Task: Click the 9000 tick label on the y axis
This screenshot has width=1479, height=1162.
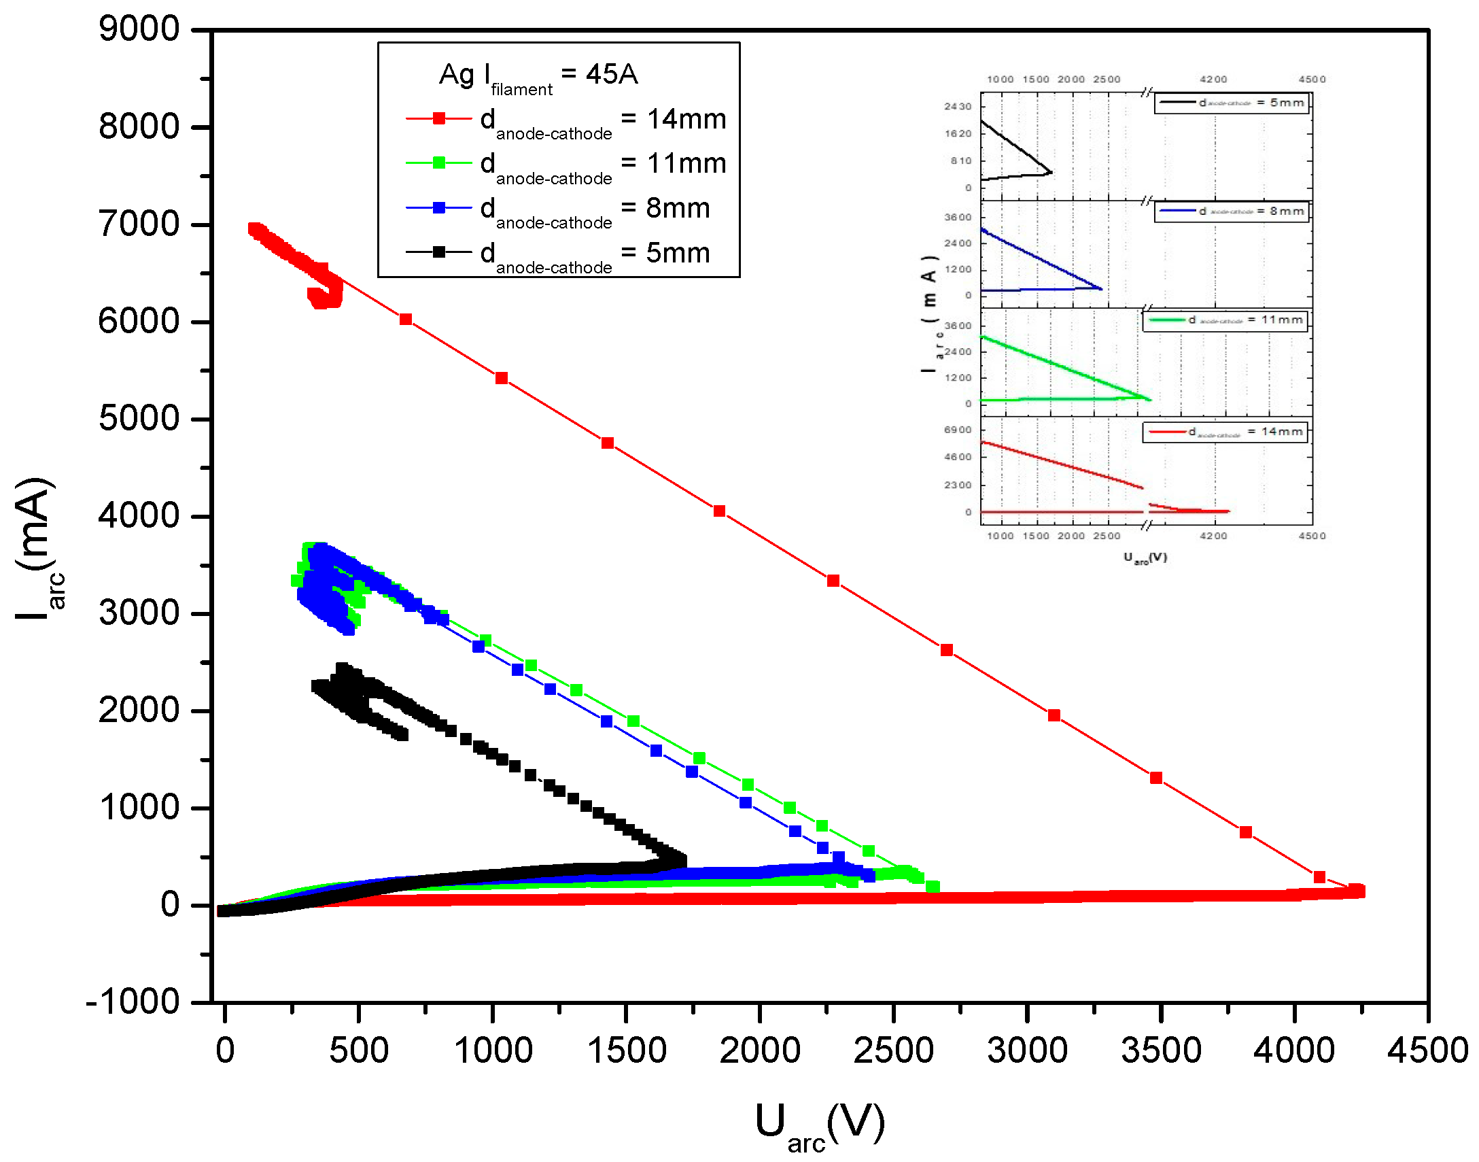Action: (139, 29)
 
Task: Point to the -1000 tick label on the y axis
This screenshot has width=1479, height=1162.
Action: (133, 1002)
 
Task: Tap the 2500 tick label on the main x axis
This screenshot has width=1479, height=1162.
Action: (893, 1050)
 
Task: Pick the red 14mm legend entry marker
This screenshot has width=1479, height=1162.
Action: (439, 118)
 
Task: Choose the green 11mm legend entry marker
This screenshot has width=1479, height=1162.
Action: (439, 163)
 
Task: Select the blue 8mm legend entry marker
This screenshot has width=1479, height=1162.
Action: (439, 207)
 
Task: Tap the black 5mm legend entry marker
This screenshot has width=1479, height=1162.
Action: (439, 252)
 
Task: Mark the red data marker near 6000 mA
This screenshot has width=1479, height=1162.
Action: (406, 319)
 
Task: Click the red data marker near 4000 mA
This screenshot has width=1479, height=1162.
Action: (719, 511)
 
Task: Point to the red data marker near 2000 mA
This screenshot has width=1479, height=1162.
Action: (1054, 715)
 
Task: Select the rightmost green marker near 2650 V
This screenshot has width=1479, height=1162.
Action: (933, 887)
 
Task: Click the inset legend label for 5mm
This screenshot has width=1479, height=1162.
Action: (1251, 103)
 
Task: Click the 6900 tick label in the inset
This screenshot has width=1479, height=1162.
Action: (958, 430)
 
